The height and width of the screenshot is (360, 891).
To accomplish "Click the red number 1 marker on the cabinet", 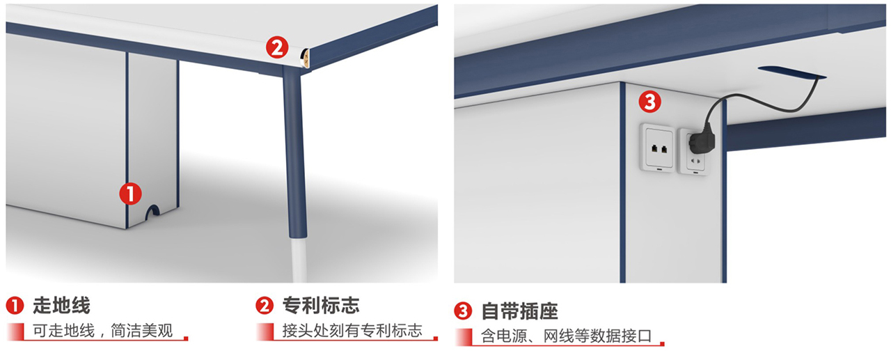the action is coord(130,194).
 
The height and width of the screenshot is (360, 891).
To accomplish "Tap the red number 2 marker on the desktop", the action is coord(277,47).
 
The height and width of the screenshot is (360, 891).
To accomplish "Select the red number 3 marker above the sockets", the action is coord(649,102).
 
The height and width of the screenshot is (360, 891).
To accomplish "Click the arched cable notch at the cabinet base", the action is coord(152,211).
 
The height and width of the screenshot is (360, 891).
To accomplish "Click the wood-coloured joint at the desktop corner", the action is coord(305,58).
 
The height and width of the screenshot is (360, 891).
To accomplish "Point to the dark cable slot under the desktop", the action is coord(791,72).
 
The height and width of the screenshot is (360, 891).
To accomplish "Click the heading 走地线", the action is coord(61,306).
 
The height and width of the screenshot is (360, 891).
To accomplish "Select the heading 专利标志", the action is coord(321,306).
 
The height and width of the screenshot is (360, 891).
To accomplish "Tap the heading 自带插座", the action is coord(519,311).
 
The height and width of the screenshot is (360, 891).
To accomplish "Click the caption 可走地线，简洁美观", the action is coord(102,331).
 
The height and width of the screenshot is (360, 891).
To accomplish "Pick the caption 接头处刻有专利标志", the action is coord(352,331).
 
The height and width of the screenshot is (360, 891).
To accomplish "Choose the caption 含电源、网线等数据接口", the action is coord(566,336).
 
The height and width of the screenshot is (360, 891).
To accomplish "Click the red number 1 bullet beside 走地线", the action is coord(15,306).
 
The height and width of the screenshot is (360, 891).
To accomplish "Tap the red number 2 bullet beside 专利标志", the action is coord(265,306).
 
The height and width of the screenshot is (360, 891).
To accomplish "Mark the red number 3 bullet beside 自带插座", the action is coord(463,311).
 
